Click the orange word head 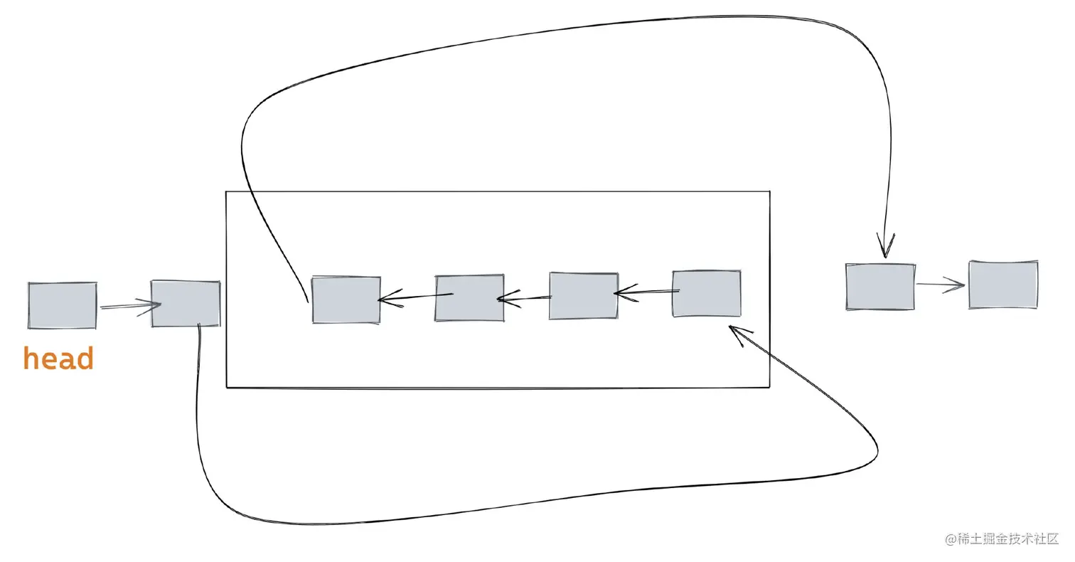58,359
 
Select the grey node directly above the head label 63,305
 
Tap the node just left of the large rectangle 186,304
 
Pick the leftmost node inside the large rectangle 346,299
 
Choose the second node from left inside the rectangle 469,297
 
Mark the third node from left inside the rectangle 584,295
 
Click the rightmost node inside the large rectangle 707,293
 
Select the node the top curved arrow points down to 880,287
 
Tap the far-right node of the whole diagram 1003,285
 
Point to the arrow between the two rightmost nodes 941,285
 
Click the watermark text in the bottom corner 1002,539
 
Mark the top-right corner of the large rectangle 769,192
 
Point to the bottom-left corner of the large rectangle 227,388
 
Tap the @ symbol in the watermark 951,539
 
